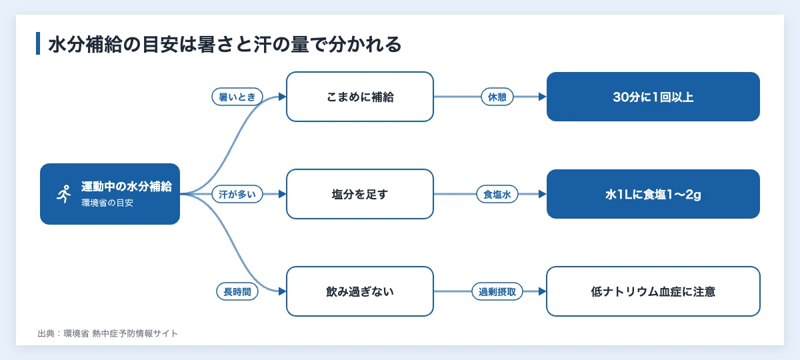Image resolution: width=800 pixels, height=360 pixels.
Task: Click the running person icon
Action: [x=64, y=194]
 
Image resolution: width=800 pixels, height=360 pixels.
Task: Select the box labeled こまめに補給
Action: [x=359, y=97]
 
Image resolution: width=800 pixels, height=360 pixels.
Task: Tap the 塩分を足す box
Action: [x=359, y=194]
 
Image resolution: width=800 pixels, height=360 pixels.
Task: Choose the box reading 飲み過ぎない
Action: [x=359, y=291]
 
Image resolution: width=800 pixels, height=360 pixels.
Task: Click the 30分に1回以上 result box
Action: [x=653, y=97]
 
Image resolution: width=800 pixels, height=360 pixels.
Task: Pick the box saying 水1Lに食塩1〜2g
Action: [x=653, y=194]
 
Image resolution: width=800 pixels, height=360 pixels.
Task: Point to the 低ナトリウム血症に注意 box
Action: [x=653, y=291]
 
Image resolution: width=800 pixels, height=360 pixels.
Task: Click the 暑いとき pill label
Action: [x=237, y=97]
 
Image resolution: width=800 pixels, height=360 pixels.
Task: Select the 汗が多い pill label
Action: [x=237, y=194]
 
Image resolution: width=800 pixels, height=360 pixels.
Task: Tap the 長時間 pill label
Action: [x=237, y=292]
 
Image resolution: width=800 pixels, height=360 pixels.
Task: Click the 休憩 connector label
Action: [x=497, y=97]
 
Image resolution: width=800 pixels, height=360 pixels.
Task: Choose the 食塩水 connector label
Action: [x=497, y=194]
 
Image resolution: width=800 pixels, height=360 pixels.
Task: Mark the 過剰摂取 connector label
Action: [x=497, y=292]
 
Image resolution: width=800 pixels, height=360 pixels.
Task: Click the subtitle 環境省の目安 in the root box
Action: [x=107, y=203]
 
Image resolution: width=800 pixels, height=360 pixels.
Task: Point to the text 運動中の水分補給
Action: [x=127, y=187]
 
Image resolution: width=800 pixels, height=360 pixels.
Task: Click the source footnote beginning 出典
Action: [x=107, y=333]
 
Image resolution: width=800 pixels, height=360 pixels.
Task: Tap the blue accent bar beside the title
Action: [x=38, y=43]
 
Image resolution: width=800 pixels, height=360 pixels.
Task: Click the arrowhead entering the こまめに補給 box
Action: [x=283, y=97]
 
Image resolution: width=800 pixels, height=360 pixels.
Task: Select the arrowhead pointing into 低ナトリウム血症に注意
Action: [x=543, y=291]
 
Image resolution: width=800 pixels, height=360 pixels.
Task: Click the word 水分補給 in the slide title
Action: [x=85, y=45]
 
